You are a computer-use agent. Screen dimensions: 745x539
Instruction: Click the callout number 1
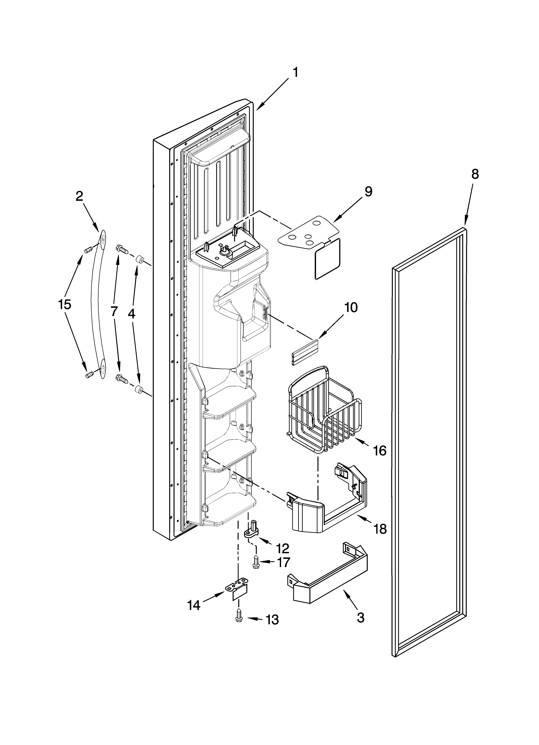tap(295, 72)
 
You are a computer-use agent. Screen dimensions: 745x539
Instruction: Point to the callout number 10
tap(351, 308)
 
